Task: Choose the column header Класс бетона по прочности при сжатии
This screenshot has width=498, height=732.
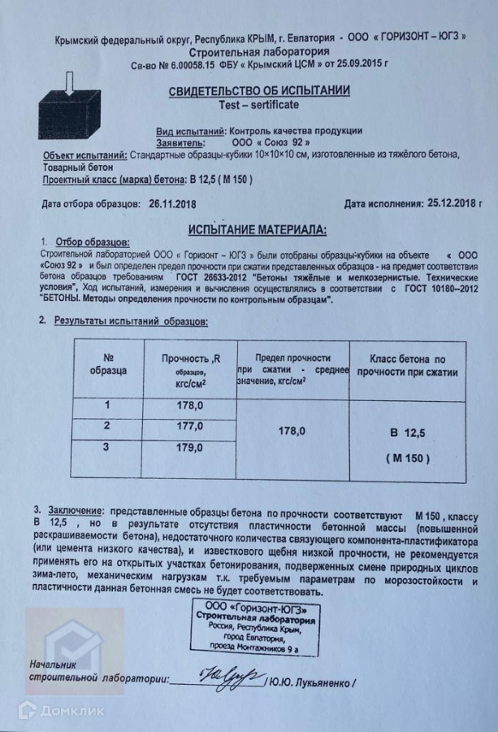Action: (408, 365)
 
